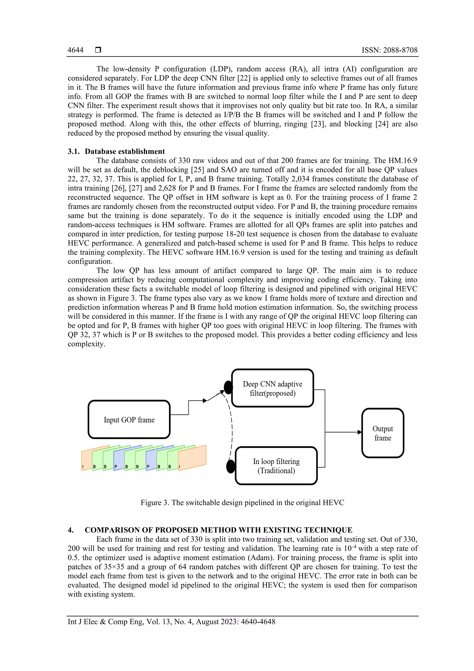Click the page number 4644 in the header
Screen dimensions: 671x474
click(75, 50)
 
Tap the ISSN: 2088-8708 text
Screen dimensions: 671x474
click(389, 50)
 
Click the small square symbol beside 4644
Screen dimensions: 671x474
click(98, 50)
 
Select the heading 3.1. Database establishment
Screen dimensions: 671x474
click(116, 151)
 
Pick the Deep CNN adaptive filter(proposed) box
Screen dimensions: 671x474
click(272, 388)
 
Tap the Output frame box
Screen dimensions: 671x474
click(383, 433)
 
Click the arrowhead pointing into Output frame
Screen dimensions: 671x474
click(359, 432)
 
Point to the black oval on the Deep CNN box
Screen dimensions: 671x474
click(228, 387)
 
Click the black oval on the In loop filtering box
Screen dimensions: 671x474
click(231, 466)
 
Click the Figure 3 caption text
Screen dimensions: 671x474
click(242, 502)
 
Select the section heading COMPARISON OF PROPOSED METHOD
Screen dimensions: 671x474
click(218, 530)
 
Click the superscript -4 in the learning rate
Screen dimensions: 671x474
click(353, 546)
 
